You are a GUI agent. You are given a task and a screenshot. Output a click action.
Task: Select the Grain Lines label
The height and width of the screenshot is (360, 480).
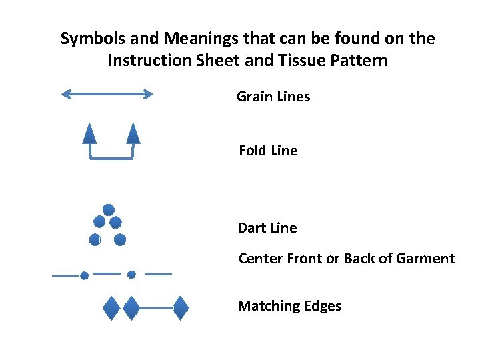pos(273,97)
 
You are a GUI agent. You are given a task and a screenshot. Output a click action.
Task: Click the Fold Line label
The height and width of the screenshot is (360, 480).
pos(268,151)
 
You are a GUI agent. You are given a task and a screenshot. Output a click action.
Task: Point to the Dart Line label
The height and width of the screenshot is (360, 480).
pos(267,228)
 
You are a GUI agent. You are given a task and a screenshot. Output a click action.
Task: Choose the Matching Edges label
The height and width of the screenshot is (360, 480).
pos(289,306)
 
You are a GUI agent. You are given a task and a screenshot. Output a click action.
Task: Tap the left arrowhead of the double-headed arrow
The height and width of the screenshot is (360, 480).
pos(66,95)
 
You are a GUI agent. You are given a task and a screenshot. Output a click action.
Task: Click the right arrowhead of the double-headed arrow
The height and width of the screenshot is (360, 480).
pos(147,95)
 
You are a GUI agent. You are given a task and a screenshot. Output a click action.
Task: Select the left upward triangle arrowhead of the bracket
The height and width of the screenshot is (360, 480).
pos(89,134)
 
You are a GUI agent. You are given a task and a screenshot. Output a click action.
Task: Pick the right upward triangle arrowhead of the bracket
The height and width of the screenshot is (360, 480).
pos(133,134)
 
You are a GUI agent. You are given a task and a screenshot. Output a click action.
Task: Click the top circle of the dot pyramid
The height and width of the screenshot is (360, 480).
pos(109,210)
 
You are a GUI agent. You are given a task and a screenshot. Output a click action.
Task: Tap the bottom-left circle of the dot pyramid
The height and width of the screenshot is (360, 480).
pos(95,240)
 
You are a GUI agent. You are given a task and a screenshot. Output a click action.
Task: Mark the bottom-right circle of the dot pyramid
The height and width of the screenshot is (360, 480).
pos(120,239)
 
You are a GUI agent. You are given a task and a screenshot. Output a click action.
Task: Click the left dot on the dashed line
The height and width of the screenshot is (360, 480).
pos(84,275)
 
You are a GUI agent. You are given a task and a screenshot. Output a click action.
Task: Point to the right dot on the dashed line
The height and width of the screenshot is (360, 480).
pos(131,274)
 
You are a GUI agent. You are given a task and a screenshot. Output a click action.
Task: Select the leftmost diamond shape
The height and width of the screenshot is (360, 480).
pos(111,308)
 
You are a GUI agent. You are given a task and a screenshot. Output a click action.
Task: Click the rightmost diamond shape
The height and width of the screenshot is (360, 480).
pos(181,308)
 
